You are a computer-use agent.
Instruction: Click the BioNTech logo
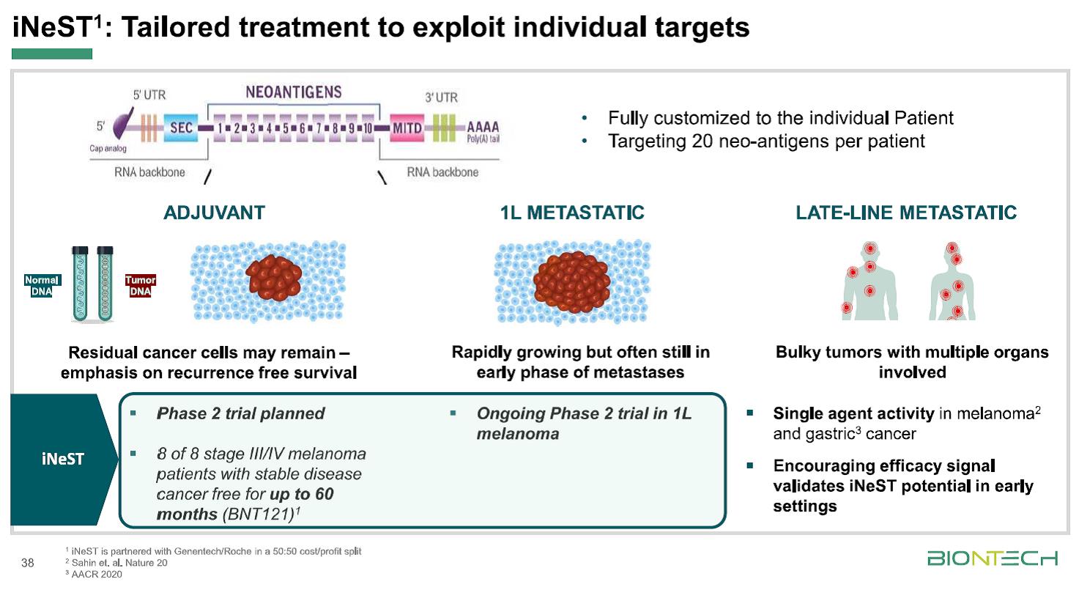coord(993,559)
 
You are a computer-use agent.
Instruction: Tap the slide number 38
coord(29,563)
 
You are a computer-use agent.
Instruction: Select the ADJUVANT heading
coord(214,213)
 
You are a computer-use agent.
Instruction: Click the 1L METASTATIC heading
coord(571,213)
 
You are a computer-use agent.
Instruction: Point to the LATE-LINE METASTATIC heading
coord(906,213)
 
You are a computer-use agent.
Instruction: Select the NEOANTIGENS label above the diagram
coord(294,92)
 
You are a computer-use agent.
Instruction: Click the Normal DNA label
coord(42,286)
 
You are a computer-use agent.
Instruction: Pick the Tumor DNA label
coord(140,286)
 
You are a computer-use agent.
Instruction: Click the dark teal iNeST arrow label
coord(62,460)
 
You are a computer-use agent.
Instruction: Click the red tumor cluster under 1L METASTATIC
coord(572,279)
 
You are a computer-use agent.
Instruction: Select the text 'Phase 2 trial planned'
coord(241,413)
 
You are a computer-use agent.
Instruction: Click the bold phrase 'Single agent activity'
coord(853,413)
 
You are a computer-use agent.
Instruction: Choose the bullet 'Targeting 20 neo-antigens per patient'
coord(766,141)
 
